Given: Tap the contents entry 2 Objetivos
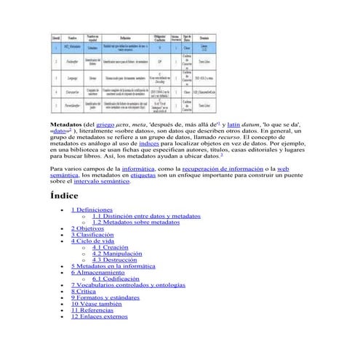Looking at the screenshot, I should (x=89, y=228).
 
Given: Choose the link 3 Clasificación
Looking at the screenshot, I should (x=92, y=235).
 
